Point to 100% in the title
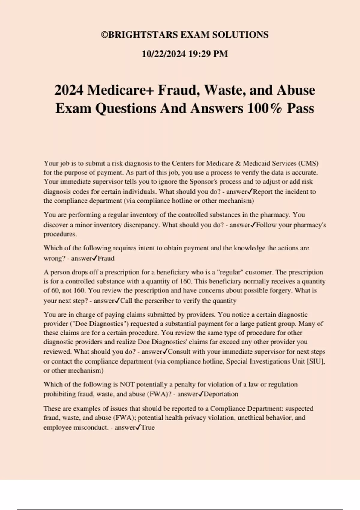(x=265, y=108)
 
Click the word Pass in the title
(x=300, y=108)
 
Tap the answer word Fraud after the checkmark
(x=106, y=258)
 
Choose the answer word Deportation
(x=221, y=394)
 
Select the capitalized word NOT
(x=127, y=384)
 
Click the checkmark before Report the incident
(x=250, y=191)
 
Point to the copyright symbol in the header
(x=104, y=35)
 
